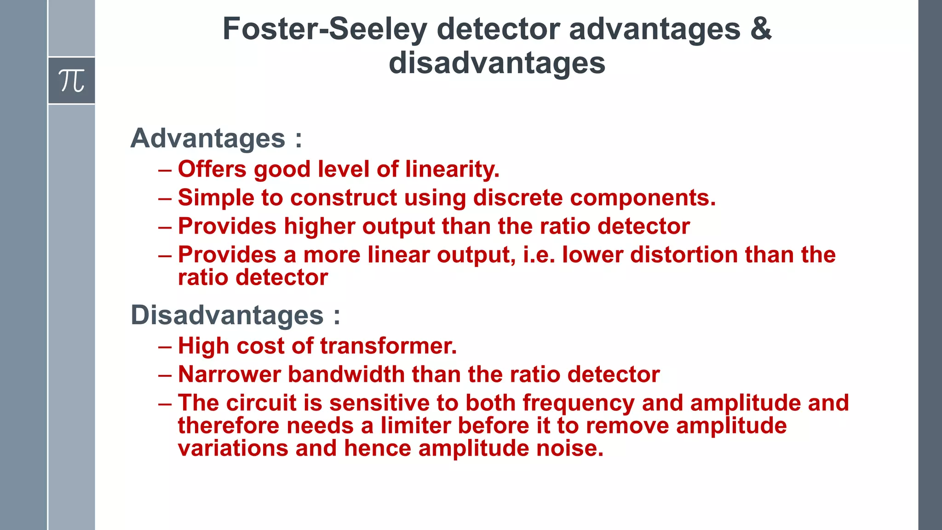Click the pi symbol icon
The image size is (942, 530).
pyautogui.click(x=71, y=81)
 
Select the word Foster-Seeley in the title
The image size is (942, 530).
pyautogui.click(x=325, y=29)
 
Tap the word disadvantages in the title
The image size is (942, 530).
pyautogui.click(x=497, y=63)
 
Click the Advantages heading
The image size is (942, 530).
pyautogui.click(x=208, y=138)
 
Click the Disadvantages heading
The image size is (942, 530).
pyautogui.click(x=227, y=315)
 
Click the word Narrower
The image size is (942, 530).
pyautogui.click(x=229, y=374)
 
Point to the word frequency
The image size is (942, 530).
pyautogui.click(x=579, y=403)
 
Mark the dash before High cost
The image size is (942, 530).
pyautogui.click(x=165, y=346)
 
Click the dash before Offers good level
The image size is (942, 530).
pyautogui.click(x=165, y=170)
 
